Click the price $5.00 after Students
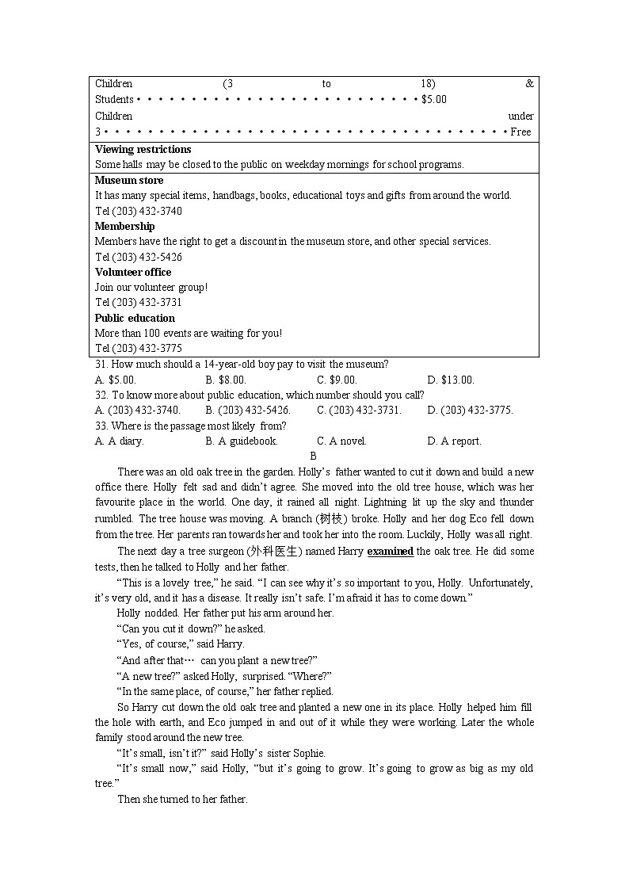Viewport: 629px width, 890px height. point(434,100)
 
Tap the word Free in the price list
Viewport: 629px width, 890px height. point(520,132)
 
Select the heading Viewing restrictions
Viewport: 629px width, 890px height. point(143,150)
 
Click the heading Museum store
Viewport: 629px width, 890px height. point(129,181)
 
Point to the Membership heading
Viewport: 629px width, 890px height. point(125,227)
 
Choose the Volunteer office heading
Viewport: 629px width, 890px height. point(133,273)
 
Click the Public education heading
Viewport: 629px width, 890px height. point(135,319)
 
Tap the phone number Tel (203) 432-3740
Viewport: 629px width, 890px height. point(139,212)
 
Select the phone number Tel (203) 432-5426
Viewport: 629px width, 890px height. point(139,258)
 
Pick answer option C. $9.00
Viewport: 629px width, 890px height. point(337,380)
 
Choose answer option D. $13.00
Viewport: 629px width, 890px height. point(450,380)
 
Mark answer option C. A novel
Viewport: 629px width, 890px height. point(341,441)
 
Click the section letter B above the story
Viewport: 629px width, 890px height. point(313,456)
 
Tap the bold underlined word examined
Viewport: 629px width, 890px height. point(391,552)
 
